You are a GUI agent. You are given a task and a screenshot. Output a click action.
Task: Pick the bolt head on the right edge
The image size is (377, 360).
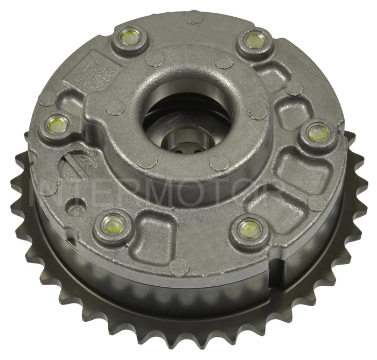pos(318,131)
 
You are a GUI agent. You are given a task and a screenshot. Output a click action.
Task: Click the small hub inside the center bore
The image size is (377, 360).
pos(183,145)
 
